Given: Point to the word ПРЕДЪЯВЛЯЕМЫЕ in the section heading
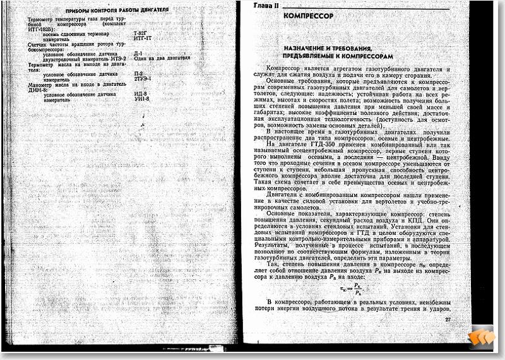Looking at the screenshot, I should pos(312,56).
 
